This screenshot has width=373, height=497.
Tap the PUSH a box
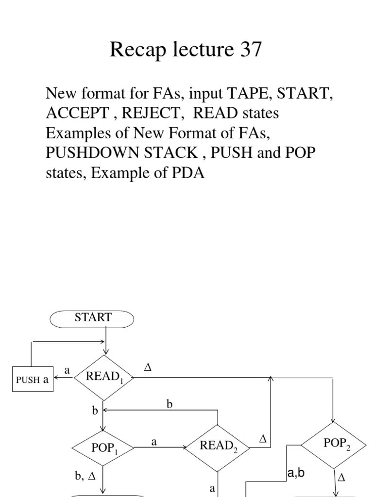point(33,380)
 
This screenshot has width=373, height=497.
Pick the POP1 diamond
point(102,447)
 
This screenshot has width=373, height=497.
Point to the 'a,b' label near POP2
point(296,473)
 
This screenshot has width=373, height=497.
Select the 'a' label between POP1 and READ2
point(154,442)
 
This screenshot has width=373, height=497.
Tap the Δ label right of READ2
point(263,439)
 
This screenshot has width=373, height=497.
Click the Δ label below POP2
point(341,478)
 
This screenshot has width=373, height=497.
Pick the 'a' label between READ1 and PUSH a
point(67,370)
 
